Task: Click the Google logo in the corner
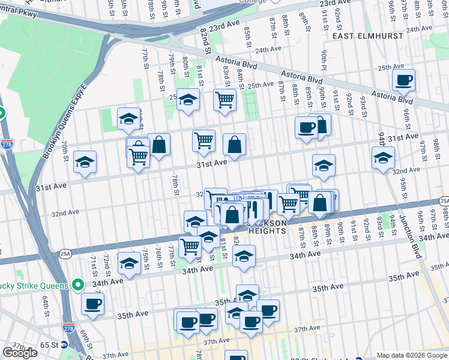pyautogui.click(x=20, y=353)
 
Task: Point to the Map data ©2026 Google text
pyautogui.click(x=412, y=355)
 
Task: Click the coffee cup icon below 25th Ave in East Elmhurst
pyautogui.click(x=403, y=80)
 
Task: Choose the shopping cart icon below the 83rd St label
pyautogui.click(x=224, y=100)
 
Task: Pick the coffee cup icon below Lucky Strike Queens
pyautogui.click(x=92, y=304)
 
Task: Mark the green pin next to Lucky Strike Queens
pyautogui.click(x=78, y=284)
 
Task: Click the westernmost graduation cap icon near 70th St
pyautogui.click(x=85, y=162)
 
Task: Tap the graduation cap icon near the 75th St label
pyautogui.click(x=129, y=262)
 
